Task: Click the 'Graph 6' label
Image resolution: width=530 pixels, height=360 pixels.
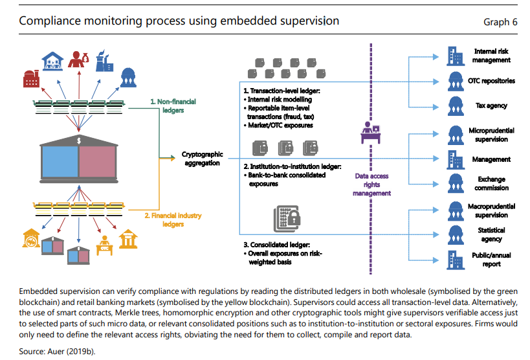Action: tap(500, 22)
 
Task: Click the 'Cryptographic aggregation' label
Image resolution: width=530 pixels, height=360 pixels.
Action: tap(202, 159)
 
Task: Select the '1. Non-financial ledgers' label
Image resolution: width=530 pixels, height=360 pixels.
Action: tap(173, 106)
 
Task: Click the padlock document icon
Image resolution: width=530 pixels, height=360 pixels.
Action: tap(285, 218)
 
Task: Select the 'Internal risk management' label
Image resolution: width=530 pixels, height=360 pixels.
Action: tap(492, 55)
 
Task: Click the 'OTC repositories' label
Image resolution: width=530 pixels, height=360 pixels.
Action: tap(492, 81)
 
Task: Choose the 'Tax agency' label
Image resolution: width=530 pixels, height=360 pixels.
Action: tap(492, 106)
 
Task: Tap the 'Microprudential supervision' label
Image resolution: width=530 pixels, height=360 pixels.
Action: tap(492, 135)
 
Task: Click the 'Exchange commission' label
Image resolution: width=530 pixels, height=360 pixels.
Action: tap(492, 183)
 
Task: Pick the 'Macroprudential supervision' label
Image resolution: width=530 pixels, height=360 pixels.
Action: tap(492, 210)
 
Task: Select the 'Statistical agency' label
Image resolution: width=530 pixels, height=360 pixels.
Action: tap(492, 234)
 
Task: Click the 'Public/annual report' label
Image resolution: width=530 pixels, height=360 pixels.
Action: tap(492, 260)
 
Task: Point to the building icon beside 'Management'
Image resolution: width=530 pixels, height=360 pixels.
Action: tap(455, 159)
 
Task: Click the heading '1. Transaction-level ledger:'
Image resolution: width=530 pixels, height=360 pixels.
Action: tap(282, 92)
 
